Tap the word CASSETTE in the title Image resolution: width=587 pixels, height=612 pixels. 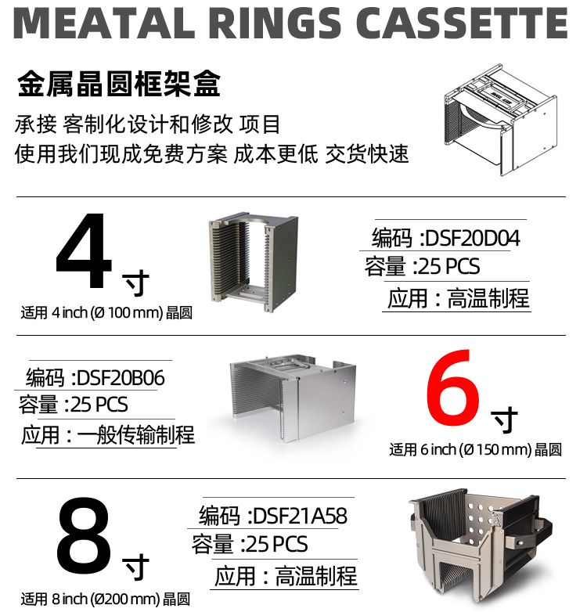pyautogui.click(x=462, y=23)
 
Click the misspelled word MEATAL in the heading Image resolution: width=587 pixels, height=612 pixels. pyautogui.click(x=105, y=23)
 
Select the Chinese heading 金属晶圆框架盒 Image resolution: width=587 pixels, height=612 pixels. pyautogui.click(x=119, y=84)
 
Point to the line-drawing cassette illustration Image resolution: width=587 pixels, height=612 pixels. pyautogui.click(x=501, y=121)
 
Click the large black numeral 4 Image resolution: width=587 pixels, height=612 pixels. pyautogui.click(x=85, y=250)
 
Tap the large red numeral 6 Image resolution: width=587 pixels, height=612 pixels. pyautogui.click(x=452, y=388)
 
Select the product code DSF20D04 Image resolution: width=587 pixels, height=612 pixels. pyautogui.click(x=472, y=238)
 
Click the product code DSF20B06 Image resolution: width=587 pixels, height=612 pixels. pyautogui.click(x=121, y=378)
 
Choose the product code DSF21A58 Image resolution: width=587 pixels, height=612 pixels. pyautogui.click(x=300, y=516)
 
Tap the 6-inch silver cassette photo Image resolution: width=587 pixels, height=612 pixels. pyautogui.click(x=293, y=398)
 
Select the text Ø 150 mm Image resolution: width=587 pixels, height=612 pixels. pyautogui.click(x=495, y=450)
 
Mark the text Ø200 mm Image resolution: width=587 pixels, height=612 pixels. pyautogui.click(x=125, y=599)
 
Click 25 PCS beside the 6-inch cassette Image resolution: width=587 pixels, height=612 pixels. pyautogui.click(x=99, y=405)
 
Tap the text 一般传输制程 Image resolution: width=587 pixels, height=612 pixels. pyautogui.click(x=136, y=435)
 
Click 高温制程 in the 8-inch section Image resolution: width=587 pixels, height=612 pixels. pyautogui.click(x=315, y=577)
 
